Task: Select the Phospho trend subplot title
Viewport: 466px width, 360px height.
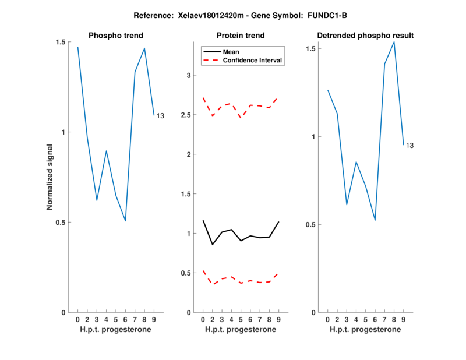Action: (115, 36)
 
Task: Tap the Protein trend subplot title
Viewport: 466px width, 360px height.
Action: (240, 36)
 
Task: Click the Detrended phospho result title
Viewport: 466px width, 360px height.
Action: (365, 36)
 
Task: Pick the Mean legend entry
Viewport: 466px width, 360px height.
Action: (231, 51)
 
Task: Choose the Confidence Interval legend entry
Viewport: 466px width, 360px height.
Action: (253, 60)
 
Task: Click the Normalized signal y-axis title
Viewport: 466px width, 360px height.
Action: (50, 177)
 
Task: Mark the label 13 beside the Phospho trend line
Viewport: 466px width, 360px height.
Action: (160, 116)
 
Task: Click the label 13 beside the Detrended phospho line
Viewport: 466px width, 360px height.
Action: (409, 145)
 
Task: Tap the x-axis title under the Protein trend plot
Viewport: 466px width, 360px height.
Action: (240, 330)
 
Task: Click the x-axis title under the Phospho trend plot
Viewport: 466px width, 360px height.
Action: (115, 330)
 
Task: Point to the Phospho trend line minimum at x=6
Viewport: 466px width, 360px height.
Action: (125, 221)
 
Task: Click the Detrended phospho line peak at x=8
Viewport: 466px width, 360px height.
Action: (394, 41)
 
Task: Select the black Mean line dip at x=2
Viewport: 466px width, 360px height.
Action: (212, 245)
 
